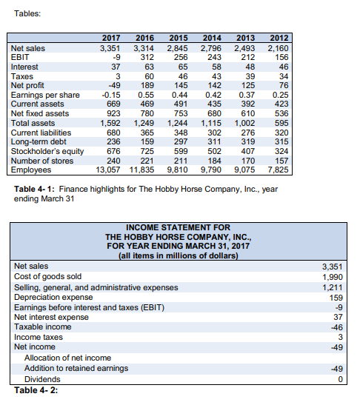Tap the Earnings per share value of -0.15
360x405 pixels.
click(110, 95)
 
